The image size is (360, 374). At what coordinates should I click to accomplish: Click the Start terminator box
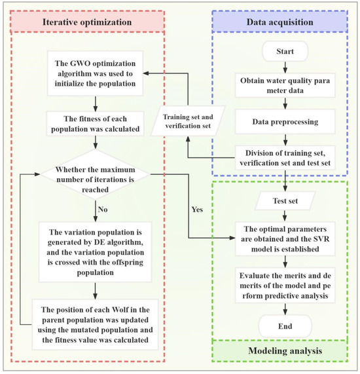point(285,50)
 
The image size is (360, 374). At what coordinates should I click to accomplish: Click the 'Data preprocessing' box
point(285,122)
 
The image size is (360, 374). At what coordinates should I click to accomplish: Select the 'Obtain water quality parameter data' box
point(285,86)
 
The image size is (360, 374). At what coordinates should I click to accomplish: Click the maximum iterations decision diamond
point(96,175)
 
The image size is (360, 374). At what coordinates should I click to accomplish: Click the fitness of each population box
point(96,122)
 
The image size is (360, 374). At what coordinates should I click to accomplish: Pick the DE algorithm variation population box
point(96,250)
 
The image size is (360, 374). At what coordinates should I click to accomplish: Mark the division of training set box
point(286,156)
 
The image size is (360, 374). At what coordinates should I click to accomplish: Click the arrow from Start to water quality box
point(285,65)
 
